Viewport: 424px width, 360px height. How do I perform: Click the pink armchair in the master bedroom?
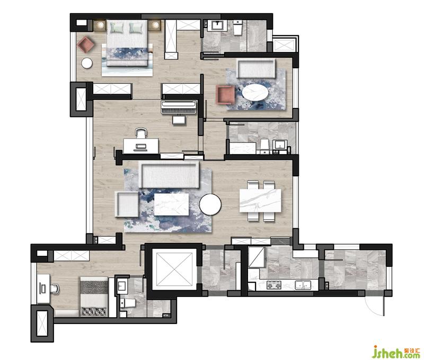click(85, 44)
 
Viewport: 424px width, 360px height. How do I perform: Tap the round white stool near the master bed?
click(87, 63)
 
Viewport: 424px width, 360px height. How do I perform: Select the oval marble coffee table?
click(255, 92)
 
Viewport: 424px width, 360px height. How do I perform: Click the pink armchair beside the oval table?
click(225, 95)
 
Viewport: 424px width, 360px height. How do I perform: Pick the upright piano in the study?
click(179, 107)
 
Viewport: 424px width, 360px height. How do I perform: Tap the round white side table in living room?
click(210, 204)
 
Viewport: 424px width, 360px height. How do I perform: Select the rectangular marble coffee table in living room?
click(171, 204)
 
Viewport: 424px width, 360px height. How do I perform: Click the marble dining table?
click(260, 201)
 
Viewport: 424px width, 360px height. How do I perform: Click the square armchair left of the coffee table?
click(127, 204)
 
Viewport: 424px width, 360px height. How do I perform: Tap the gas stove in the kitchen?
click(274, 285)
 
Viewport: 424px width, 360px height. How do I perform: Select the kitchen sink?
click(303, 285)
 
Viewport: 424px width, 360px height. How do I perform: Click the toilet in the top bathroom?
click(238, 28)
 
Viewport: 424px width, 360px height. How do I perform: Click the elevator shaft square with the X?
click(174, 269)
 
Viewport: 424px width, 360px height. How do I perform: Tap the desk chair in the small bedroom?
click(55, 289)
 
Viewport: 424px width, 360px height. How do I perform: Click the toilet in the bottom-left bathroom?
click(128, 303)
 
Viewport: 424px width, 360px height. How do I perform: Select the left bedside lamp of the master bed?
click(100, 25)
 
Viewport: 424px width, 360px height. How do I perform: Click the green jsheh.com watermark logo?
click(396, 352)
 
